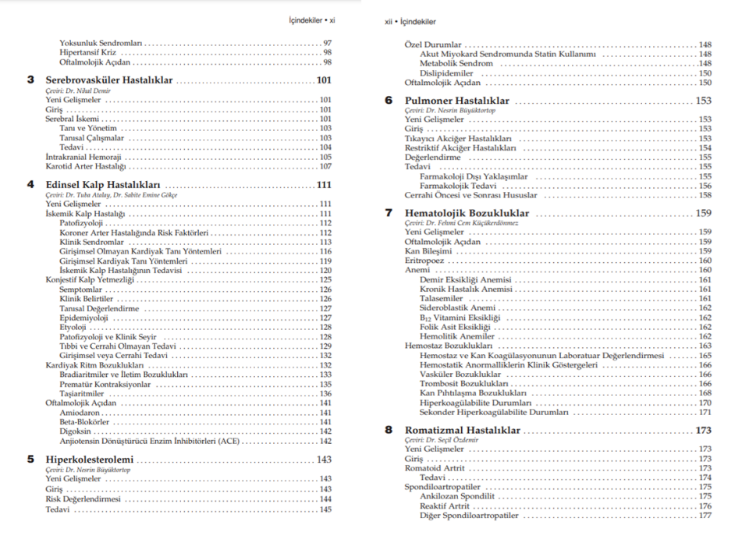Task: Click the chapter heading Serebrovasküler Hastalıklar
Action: click(109, 80)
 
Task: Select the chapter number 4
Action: click(30, 185)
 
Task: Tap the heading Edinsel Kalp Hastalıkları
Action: click(98, 185)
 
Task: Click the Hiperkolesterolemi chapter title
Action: click(90, 460)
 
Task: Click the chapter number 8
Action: click(389, 430)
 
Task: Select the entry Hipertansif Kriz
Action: click(87, 52)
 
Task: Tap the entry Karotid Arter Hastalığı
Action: click(85, 166)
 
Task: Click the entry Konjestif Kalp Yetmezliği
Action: click(90, 279)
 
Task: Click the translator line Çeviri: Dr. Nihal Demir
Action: click(78, 91)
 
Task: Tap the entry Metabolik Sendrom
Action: click(457, 64)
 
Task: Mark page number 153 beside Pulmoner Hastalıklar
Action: click(703, 101)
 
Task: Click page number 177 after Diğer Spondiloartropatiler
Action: click(705, 516)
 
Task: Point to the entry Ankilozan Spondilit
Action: click(456, 496)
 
